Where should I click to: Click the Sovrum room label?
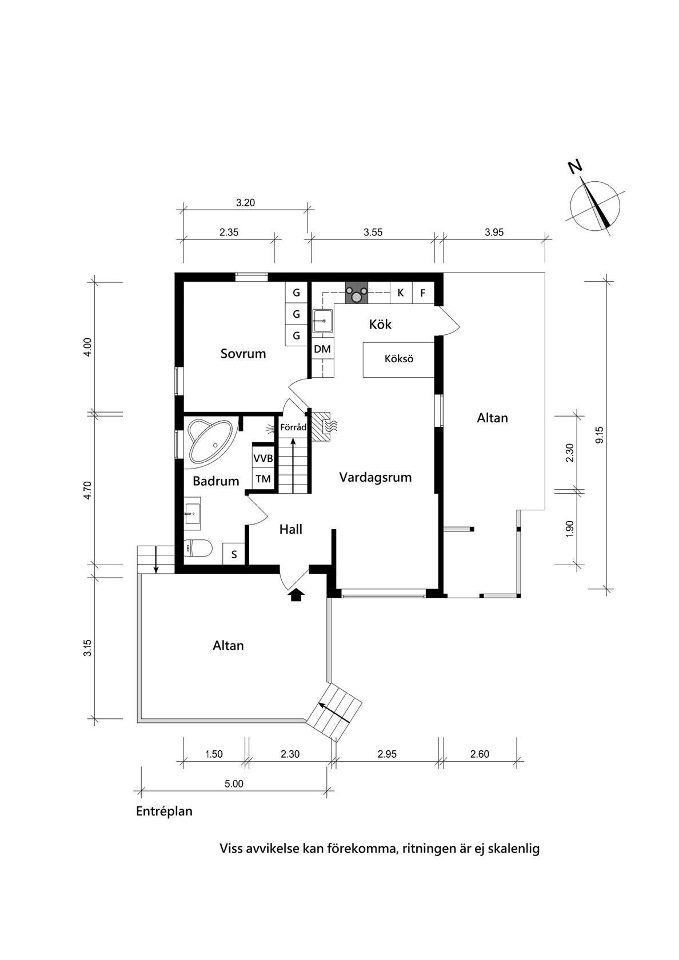coord(243,354)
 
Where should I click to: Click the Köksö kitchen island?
coord(399,359)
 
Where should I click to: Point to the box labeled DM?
coord(322,349)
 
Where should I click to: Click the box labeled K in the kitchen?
coord(401,293)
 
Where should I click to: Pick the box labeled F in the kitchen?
coord(423,293)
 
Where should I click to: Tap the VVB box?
coord(263,458)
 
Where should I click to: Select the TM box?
coord(263,478)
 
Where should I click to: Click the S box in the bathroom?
coord(234,554)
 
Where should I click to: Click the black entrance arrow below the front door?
coord(297,595)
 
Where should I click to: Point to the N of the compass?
coord(575,167)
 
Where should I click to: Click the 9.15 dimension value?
coord(599,435)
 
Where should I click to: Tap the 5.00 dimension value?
coord(234,784)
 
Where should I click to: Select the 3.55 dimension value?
coord(373,232)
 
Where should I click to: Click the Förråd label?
coord(294,427)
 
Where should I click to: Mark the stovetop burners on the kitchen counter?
coord(357,293)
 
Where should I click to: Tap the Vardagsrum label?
coord(376,477)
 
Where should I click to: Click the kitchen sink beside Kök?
coord(323,321)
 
